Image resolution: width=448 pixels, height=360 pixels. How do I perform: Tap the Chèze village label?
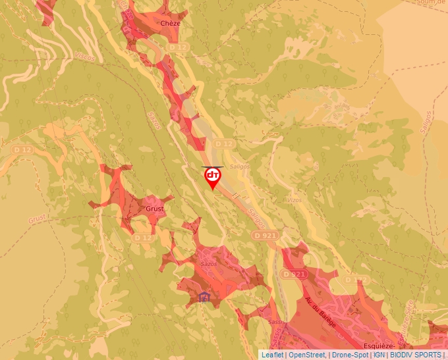point(170,23)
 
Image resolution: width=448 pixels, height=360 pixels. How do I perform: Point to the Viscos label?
point(85,57)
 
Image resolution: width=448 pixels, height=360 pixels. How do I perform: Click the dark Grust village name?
point(154,209)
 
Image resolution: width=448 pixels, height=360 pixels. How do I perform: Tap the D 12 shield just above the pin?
point(224,143)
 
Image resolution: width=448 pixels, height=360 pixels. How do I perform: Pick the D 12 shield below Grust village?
point(143,238)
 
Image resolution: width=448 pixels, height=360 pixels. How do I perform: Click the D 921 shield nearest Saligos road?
point(265,235)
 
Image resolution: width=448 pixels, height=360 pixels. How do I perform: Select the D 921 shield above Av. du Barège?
point(294,274)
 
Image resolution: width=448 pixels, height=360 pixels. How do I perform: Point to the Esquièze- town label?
point(379,346)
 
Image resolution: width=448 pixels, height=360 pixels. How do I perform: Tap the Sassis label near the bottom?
point(275,322)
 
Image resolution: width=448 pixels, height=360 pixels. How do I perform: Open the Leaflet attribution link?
point(273,355)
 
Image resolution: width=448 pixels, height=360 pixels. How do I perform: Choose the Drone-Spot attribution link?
point(350,355)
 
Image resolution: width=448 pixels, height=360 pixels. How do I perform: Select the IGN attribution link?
point(379,355)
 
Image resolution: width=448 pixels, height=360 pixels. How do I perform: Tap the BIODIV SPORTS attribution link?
point(415,355)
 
